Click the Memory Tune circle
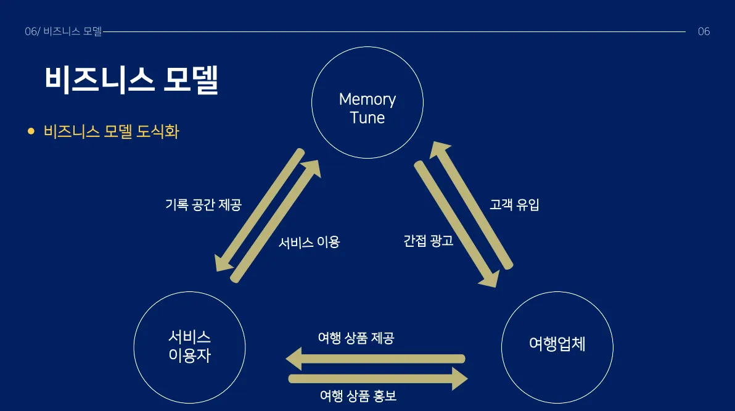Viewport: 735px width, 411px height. [367, 102]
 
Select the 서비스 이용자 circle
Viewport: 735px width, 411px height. [189, 347]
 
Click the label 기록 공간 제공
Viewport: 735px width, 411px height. [203, 205]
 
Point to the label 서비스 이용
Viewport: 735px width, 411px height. [309, 242]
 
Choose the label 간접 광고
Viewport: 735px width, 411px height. [429, 241]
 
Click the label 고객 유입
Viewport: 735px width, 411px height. [514, 205]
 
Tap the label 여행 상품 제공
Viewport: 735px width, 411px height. [356, 338]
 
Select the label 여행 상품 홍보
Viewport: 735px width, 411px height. [358, 396]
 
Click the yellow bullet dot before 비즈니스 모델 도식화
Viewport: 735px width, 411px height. [31, 131]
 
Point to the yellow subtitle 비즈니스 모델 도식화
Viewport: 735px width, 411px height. [112, 131]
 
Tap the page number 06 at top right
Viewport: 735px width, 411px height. [704, 31]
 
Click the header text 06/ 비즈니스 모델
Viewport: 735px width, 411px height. [63, 31]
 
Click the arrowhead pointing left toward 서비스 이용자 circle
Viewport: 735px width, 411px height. [294, 359]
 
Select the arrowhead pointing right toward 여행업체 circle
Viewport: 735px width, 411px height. [459, 378]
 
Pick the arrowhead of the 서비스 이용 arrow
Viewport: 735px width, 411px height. [312, 168]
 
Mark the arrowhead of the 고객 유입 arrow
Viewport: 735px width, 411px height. [438, 150]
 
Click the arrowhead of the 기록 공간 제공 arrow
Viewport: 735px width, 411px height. [221, 262]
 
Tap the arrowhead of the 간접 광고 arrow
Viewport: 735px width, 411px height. [490, 280]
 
